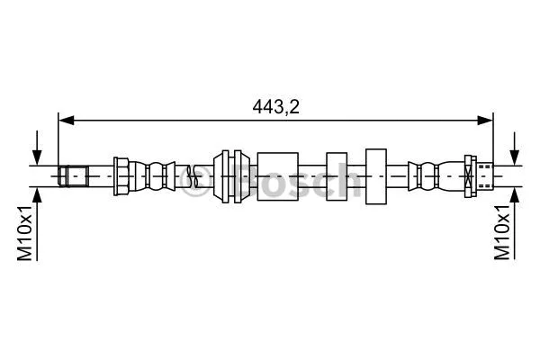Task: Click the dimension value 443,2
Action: coord(275,105)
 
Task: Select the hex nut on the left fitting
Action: coord(122,175)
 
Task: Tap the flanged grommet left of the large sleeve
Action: coord(229,175)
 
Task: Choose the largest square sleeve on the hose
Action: coord(276,175)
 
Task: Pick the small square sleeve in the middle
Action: coord(337,175)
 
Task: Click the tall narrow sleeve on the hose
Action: coord(375,175)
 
